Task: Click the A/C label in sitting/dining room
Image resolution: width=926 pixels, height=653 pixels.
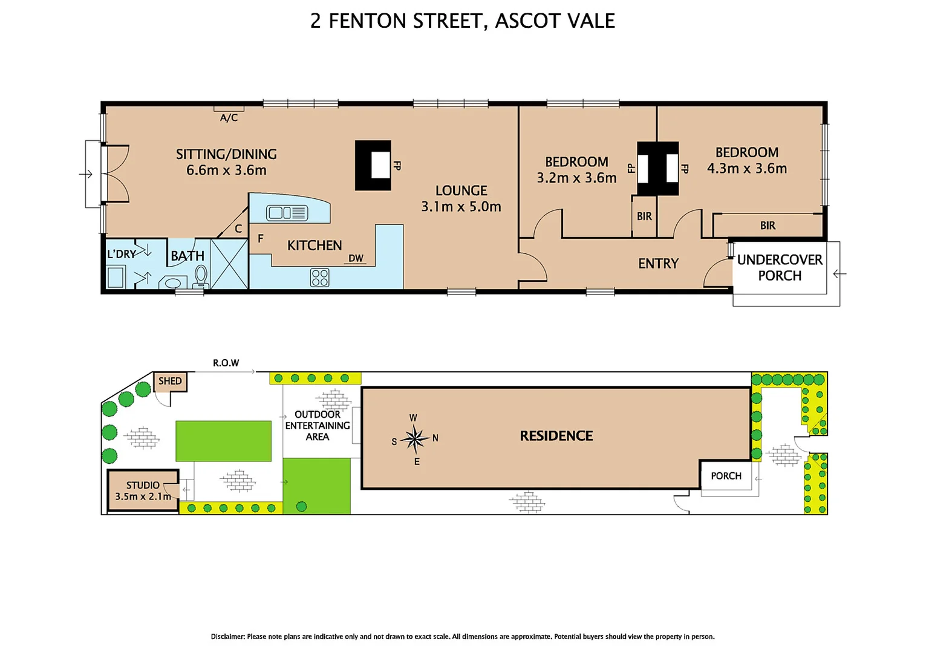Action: click(229, 118)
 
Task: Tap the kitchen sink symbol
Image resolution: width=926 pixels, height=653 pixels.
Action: click(287, 213)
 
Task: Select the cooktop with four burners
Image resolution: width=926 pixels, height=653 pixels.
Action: click(319, 278)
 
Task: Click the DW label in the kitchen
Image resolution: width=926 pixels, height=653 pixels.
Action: click(356, 258)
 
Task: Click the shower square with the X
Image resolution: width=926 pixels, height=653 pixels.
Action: click(229, 264)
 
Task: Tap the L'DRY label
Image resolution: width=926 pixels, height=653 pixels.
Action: click(121, 254)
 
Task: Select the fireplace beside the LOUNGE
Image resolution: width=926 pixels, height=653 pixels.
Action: click(373, 165)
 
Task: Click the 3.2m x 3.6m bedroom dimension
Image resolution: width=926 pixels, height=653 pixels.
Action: click(576, 178)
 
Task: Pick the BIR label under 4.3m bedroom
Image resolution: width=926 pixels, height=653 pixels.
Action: click(768, 226)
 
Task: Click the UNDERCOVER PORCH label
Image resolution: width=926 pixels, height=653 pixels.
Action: click(780, 267)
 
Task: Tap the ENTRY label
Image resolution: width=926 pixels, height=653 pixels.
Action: click(658, 264)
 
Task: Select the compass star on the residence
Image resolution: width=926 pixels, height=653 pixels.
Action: click(415, 439)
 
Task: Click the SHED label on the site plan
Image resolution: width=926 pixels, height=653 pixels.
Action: click(170, 381)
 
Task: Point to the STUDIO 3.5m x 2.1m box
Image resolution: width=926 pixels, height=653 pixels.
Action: click(143, 490)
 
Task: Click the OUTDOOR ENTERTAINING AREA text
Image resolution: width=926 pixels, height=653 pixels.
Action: click(318, 425)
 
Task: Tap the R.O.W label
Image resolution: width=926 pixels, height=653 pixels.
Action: click(226, 363)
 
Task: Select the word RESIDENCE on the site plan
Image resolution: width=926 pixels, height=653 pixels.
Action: click(556, 436)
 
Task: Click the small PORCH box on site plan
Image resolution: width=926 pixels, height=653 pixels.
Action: click(726, 476)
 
